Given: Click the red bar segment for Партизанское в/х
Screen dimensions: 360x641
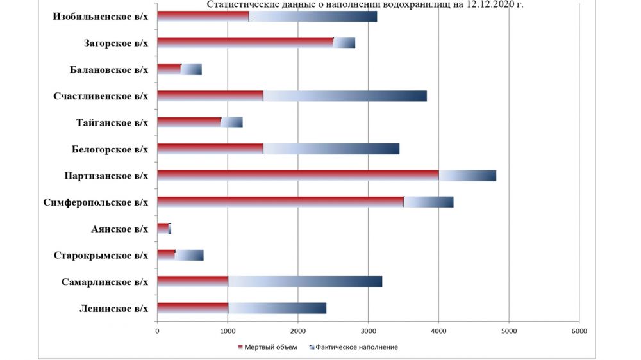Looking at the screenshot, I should [x=298, y=176].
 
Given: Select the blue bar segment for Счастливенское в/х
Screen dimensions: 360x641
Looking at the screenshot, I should [x=345, y=96].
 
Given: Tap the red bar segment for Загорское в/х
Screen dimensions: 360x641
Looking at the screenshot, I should [x=245, y=43].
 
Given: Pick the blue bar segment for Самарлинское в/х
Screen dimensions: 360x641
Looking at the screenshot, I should [x=305, y=282].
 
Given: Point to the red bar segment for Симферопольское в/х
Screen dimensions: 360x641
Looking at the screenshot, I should [x=281, y=202].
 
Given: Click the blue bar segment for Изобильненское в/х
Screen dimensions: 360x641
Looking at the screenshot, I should [x=313, y=17].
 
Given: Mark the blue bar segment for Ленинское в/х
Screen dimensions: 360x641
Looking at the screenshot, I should [x=277, y=308].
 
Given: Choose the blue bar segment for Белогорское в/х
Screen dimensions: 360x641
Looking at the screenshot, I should [x=331, y=149].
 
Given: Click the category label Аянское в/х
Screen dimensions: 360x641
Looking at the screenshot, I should [x=120, y=229].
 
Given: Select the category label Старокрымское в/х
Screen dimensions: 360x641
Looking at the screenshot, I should [x=101, y=256].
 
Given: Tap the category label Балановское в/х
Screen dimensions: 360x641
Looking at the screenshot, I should [x=110, y=70].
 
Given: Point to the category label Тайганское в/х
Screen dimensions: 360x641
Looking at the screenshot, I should [x=112, y=123].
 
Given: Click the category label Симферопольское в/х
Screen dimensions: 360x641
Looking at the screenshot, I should [x=96, y=202].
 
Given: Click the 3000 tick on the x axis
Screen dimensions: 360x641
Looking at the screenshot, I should [x=368, y=331].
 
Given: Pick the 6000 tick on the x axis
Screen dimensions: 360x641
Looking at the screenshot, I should [x=579, y=331].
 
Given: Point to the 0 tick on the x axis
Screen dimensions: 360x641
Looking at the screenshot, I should [x=157, y=331].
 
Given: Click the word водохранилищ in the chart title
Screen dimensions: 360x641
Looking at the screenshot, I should [x=419, y=5].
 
